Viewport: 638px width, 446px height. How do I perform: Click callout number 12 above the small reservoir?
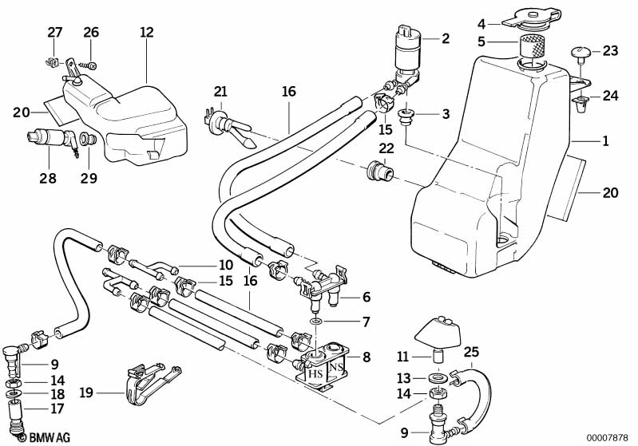tap(145, 33)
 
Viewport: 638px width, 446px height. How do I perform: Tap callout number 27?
tap(54, 33)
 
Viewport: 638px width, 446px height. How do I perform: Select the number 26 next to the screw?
tap(91, 33)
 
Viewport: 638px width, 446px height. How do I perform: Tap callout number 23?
tap(610, 50)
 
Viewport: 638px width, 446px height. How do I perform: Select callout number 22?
tap(386, 148)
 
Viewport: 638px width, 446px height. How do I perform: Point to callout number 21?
tap(220, 93)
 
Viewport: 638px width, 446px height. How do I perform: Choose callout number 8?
tap(366, 357)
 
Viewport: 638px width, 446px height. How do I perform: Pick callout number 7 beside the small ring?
tap(366, 322)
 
